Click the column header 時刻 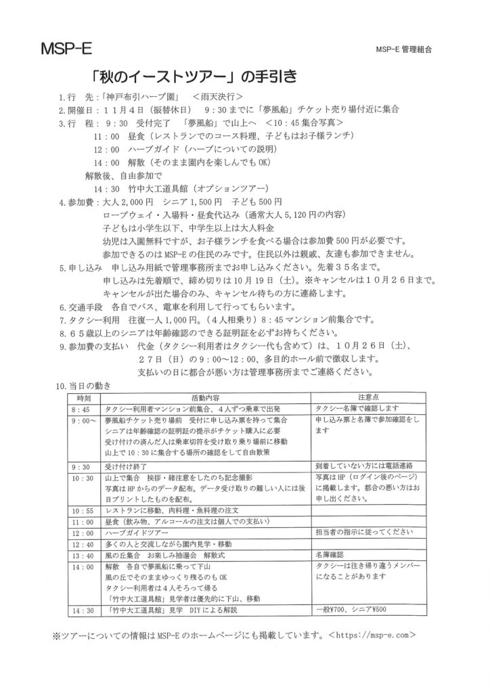tap(84, 398)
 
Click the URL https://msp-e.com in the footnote tap(371, 636)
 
